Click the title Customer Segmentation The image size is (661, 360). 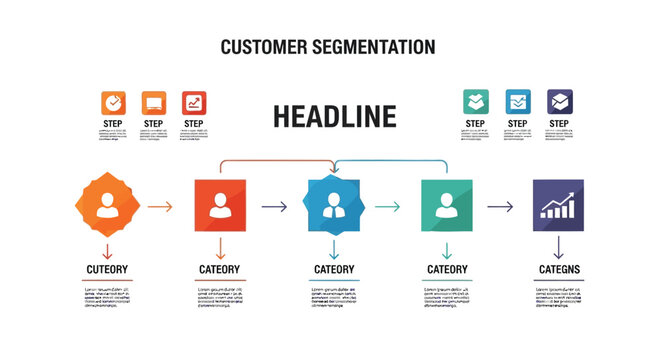pos(327,47)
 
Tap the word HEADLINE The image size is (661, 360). pos(334,116)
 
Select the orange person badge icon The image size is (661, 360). pos(104,206)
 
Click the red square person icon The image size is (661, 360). pos(219,206)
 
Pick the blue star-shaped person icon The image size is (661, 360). pos(334,206)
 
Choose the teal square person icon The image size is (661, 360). pos(447,206)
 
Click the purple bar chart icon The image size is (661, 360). pos(558,206)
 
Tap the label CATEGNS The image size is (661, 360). pos(559,269)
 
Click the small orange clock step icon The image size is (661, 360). pos(114,102)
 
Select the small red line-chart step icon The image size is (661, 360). pos(194,102)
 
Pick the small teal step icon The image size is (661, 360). pos(476,102)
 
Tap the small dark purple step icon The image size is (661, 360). pos(560,102)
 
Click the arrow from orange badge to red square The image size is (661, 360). pos(160,207)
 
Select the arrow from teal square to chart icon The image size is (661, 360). pos(501,207)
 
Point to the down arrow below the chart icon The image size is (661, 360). pos(559,248)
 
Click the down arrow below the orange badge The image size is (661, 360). pos(105,250)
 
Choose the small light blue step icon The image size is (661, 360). pos(518,102)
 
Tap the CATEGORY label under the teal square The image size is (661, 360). pos(447,269)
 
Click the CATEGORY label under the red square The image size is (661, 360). pos(219,269)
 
